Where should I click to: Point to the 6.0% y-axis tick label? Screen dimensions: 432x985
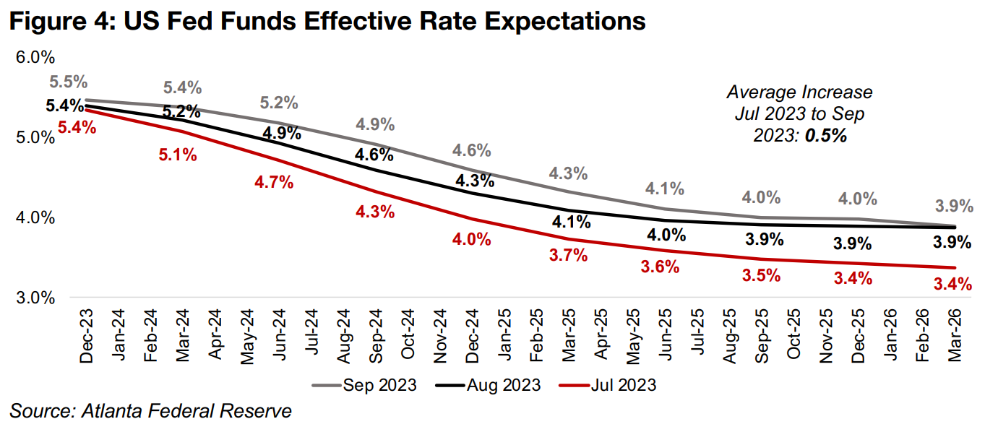35,57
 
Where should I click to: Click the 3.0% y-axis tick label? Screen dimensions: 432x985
35,298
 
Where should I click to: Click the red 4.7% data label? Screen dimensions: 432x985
274,182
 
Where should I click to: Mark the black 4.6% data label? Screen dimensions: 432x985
374,154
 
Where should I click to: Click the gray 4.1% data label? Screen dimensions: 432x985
665,189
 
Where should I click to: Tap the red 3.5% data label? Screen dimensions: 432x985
762,275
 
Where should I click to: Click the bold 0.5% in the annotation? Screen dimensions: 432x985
827,135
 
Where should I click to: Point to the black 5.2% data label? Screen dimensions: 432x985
181,112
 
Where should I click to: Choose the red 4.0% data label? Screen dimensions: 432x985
471,239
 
